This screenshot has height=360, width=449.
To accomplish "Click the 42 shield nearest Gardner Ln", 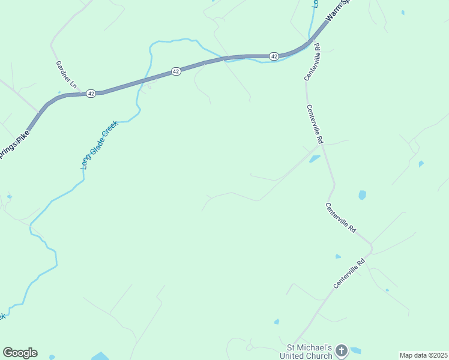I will (x=91, y=94).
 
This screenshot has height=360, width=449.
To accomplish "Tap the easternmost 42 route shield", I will (x=274, y=56).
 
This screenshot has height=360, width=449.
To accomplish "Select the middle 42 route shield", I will (x=176, y=71).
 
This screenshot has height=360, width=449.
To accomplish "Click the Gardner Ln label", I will (x=66, y=76).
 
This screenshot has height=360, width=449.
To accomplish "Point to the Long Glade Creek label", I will (x=100, y=145).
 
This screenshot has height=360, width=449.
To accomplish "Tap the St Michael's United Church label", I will (x=309, y=352).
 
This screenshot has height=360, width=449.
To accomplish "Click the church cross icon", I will (x=341, y=351).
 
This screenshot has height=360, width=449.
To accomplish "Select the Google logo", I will (x=20, y=353).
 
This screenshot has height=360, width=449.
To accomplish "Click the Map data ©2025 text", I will (x=424, y=355).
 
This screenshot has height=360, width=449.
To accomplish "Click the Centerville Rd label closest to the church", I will (x=349, y=274).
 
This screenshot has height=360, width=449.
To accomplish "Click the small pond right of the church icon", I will (x=356, y=350).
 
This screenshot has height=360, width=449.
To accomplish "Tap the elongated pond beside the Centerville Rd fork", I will (x=315, y=159).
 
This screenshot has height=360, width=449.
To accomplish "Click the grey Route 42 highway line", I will (x=132, y=83).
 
